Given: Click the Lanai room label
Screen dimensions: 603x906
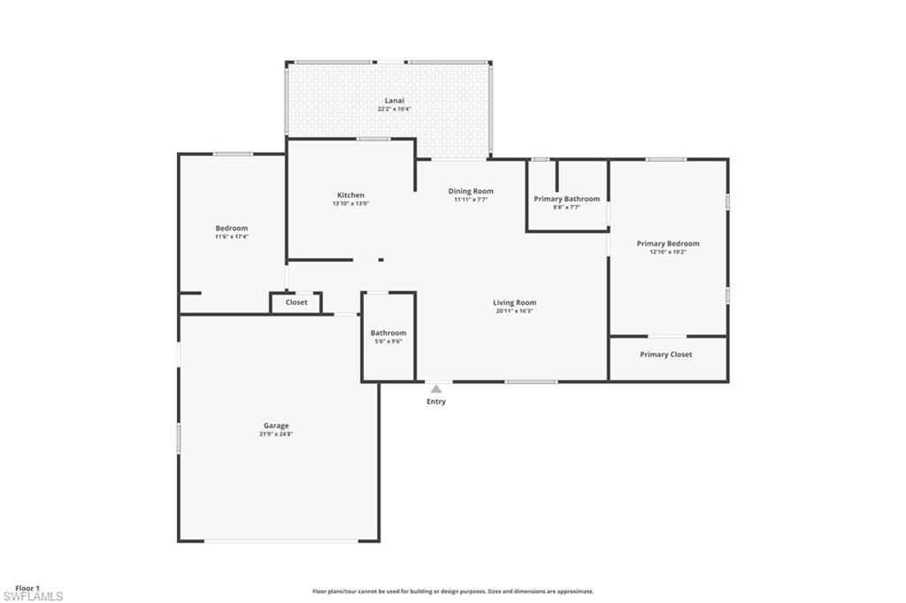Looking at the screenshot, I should tap(394, 101).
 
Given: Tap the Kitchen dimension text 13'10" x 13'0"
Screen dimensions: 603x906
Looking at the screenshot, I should tap(350, 203).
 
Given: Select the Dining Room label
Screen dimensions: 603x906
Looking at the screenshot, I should tap(471, 191).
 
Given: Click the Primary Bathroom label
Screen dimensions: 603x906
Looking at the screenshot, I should tap(566, 199).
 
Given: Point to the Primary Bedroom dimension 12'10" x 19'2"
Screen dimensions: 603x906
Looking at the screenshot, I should tap(668, 252).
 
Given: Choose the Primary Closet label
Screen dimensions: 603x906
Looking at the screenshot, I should tap(666, 355).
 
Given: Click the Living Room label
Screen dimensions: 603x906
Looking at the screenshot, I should tap(514, 302).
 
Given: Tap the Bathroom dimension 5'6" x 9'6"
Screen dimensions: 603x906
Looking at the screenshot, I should tap(388, 341).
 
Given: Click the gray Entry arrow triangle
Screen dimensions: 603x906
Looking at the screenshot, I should tap(436, 388).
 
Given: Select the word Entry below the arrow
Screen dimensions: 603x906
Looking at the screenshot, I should tap(436, 401).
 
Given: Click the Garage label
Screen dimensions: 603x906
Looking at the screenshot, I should tap(276, 425).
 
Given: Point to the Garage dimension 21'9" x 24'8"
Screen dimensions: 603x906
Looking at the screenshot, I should tap(276, 434).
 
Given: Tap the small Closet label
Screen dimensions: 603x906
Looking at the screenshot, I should tap(296, 302).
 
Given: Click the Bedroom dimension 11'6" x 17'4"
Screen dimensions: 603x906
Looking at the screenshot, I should tap(232, 237).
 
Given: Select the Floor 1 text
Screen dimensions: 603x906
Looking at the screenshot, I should tap(27, 588).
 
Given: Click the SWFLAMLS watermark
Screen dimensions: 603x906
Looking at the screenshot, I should tap(33, 597).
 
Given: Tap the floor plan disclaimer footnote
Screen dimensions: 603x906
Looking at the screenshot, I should tap(452, 592).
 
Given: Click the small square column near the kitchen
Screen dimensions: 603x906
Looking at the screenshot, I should tap(380, 260).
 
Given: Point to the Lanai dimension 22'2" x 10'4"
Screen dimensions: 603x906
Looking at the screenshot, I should tap(394, 109).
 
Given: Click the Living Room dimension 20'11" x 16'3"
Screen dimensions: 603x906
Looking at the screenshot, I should tap(514, 311).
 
